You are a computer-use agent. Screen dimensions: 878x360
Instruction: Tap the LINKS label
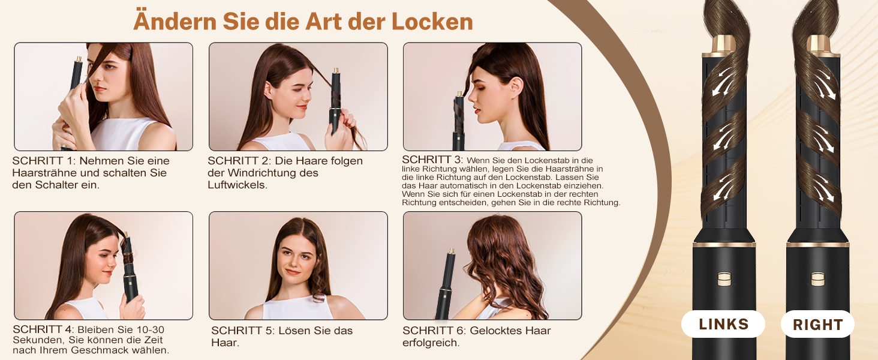coord(723,325)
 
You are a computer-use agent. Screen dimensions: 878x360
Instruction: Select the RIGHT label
coord(817,325)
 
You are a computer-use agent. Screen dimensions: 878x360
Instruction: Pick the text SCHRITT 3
coord(432,160)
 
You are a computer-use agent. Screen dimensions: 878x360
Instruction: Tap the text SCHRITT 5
coord(242,331)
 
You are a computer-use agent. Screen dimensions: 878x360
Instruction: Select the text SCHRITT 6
coord(434,331)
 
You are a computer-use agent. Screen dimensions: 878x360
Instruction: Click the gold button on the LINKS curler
coord(724,279)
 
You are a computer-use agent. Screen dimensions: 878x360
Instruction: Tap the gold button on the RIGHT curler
coord(817,279)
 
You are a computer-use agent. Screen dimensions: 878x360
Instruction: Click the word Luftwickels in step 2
coord(237,185)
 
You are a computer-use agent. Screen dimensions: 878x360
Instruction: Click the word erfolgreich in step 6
coord(431,343)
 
